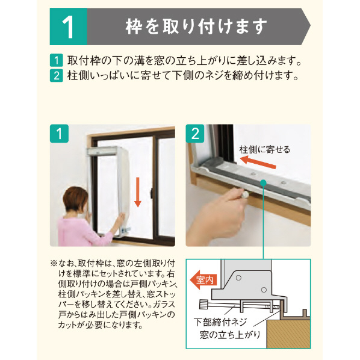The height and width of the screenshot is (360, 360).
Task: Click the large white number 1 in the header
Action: coord(68,27)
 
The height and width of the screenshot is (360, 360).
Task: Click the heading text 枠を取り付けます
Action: coord(196,26)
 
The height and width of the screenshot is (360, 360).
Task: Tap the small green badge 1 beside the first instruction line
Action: coord(56,60)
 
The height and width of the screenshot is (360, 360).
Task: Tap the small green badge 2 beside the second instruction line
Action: coord(56,75)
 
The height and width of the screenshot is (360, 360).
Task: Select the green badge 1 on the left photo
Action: coord(59,134)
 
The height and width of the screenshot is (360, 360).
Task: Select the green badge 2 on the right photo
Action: coord(195,134)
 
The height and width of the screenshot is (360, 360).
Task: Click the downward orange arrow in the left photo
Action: coord(137,192)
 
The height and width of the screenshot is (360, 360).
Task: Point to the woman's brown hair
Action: coord(75,199)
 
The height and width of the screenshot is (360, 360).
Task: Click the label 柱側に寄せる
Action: coord(265,149)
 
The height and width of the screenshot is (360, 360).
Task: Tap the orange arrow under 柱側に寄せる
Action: coord(258,162)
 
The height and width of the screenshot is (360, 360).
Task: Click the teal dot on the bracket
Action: coord(263,183)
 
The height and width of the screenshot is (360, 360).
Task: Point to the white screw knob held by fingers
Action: coord(245,194)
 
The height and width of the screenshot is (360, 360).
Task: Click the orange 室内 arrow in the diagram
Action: coord(203,280)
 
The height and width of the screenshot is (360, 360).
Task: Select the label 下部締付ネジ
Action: coord(220,322)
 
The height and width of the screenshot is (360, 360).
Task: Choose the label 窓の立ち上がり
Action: coord(230,335)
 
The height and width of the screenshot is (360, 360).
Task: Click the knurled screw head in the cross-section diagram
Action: coord(204,304)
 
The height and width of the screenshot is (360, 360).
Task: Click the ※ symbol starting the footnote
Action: coord(54,263)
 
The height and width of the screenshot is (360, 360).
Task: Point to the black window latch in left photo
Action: coord(152,194)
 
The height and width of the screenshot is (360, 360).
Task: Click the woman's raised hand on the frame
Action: coord(120,219)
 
